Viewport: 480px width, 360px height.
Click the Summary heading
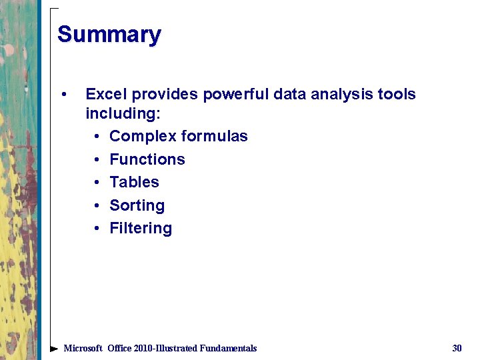[109, 34]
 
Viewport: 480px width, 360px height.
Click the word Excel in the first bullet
[104, 94]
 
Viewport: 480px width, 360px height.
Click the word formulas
[214, 137]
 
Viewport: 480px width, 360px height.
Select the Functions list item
[147, 159]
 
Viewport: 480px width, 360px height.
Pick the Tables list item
[134, 182]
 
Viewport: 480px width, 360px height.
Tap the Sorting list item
[137, 205]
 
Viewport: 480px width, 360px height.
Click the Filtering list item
[140, 228]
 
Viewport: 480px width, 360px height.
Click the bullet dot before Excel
[63, 94]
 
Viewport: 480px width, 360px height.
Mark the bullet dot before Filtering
[97, 229]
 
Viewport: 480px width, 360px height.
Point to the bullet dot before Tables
[97, 183]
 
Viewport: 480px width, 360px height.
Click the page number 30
[457, 348]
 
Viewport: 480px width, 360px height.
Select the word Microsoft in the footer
[83, 348]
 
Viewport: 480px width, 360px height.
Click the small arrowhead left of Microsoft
[54, 348]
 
